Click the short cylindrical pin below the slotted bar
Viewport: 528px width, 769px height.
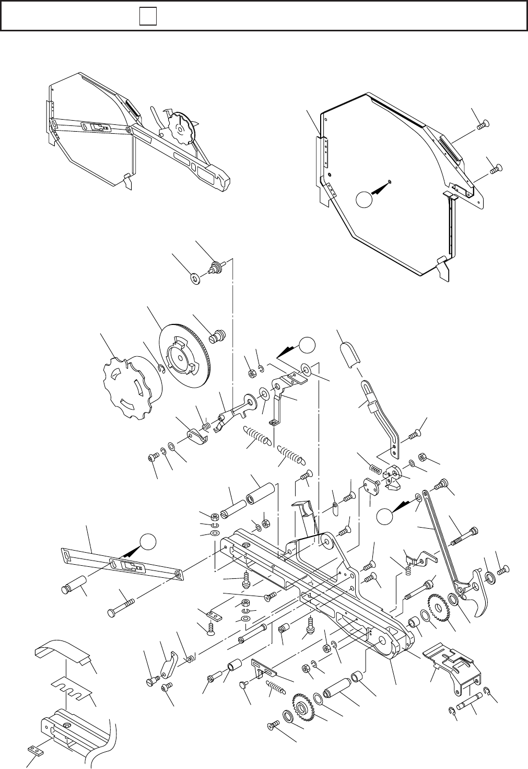pos(75,584)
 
